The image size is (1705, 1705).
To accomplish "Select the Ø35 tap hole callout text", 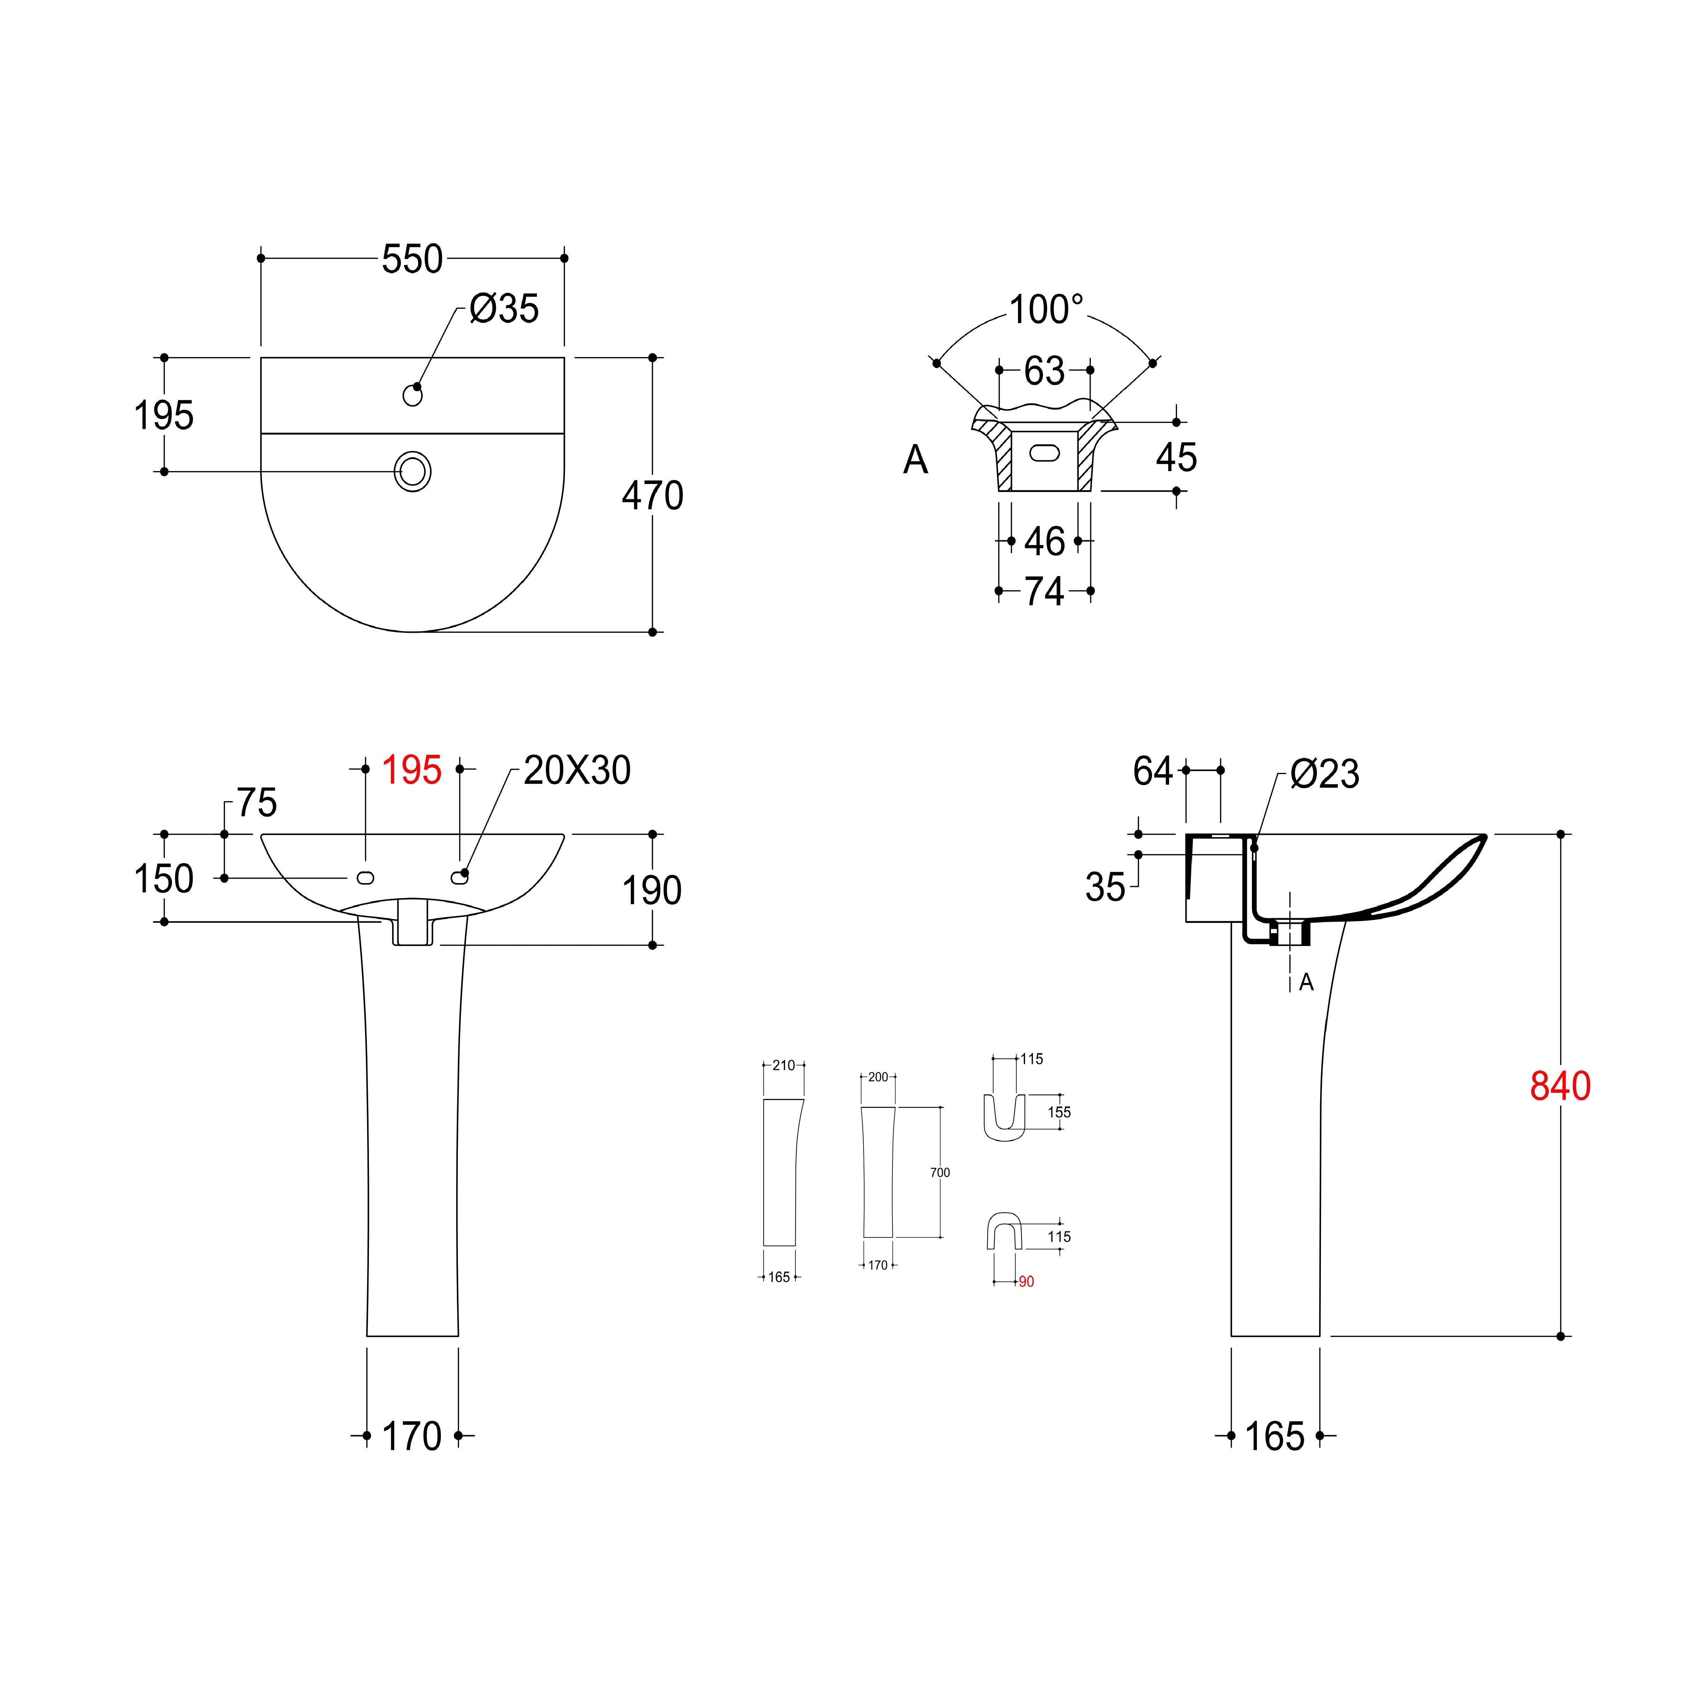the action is click(504, 309).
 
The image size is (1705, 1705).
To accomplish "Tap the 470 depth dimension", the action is click(653, 496).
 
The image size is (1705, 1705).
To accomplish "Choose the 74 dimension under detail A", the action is click(1045, 591).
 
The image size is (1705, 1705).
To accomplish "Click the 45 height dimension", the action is click(1177, 457).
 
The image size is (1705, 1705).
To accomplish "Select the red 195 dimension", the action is click(411, 770).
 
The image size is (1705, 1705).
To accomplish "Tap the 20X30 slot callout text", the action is click(577, 770).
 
